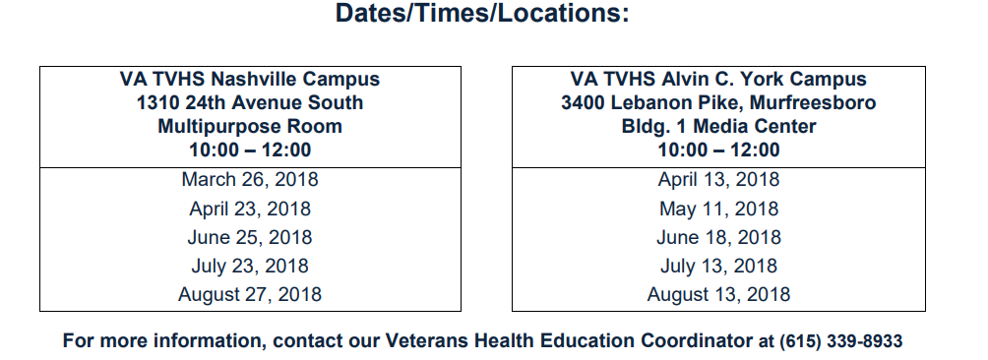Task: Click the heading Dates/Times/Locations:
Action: (x=482, y=13)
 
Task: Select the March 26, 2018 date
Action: (x=250, y=179)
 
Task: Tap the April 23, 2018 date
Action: (x=250, y=209)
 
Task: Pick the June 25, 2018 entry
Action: (x=250, y=237)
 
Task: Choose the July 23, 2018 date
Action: (x=250, y=266)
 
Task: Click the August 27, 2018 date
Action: (x=250, y=294)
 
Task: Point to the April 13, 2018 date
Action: (x=719, y=179)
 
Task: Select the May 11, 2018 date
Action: (x=719, y=209)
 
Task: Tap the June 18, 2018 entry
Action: (x=719, y=237)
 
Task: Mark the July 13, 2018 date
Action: (x=719, y=266)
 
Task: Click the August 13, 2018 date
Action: (x=719, y=294)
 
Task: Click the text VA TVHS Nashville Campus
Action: (x=250, y=80)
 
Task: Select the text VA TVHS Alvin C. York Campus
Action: (x=719, y=80)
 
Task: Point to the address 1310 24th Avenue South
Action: (x=250, y=102)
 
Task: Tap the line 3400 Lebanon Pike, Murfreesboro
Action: (x=719, y=102)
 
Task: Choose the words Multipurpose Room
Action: (x=250, y=127)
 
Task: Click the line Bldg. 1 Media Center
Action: (x=719, y=127)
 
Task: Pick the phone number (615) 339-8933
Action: (x=841, y=341)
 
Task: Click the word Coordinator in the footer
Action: (x=698, y=341)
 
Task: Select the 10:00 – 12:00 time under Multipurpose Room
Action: (x=250, y=150)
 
